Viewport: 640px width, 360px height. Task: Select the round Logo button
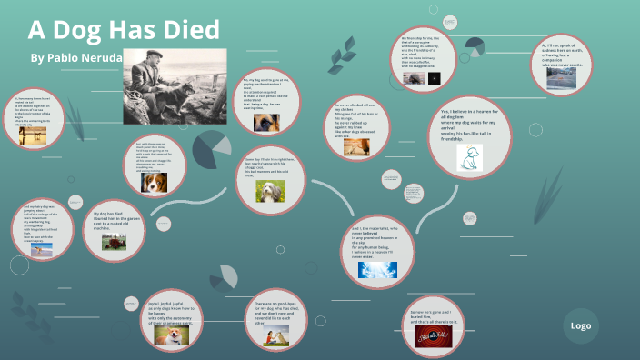[580, 325]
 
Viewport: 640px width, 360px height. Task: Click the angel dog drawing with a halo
[470, 160]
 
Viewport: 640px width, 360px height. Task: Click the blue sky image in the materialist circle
[376, 269]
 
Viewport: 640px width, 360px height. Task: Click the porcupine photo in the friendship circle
[415, 78]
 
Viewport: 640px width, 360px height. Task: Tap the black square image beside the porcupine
[435, 78]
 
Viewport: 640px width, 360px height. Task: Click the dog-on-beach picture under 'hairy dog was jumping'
[41, 249]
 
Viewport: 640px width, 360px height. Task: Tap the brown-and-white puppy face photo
[154, 182]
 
